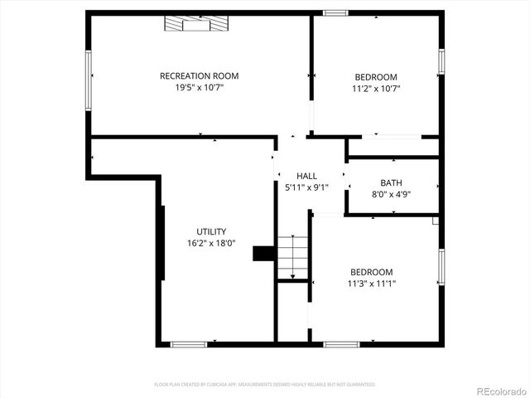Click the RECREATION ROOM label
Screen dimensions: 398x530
point(200,76)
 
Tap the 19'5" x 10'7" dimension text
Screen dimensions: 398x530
point(200,87)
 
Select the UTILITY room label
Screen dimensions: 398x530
point(211,231)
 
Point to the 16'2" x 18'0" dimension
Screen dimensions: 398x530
point(211,243)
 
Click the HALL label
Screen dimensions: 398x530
point(307,176)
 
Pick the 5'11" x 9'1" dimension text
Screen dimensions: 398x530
point(307,187)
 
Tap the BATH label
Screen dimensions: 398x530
point(391,183)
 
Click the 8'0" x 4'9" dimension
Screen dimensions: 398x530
point(391,194)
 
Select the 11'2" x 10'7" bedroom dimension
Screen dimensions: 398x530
point(377,88)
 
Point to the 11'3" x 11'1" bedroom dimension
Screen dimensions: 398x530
point(371,283)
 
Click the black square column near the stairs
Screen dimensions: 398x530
point(263,253)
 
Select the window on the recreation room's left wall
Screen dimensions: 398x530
point(89,80)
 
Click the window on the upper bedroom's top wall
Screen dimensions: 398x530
point(335,12)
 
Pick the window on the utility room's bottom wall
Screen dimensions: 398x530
point(188,343)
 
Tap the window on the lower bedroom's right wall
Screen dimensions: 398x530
point(441,268)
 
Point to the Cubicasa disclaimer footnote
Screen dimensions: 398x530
point(265,385)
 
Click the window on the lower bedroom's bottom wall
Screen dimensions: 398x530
point(341,343)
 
